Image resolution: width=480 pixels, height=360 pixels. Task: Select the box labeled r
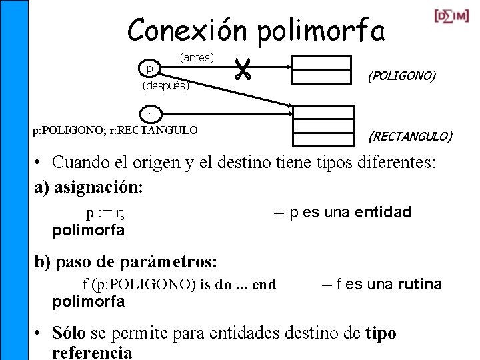tap(150, 114)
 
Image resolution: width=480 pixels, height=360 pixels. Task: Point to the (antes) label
tap(197, 58)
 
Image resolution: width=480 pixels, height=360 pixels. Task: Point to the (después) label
tap(166, 86)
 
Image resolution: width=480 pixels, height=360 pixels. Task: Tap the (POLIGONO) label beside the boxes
tap(402, 77)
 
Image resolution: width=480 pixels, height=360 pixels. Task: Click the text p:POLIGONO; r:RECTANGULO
tap(115, 130)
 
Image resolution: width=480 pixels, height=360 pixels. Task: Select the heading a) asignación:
tap(89, 187)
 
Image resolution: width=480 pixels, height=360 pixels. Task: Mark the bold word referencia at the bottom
tap(92, 352)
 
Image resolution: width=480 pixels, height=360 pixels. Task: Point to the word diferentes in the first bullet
tap(385, 161)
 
